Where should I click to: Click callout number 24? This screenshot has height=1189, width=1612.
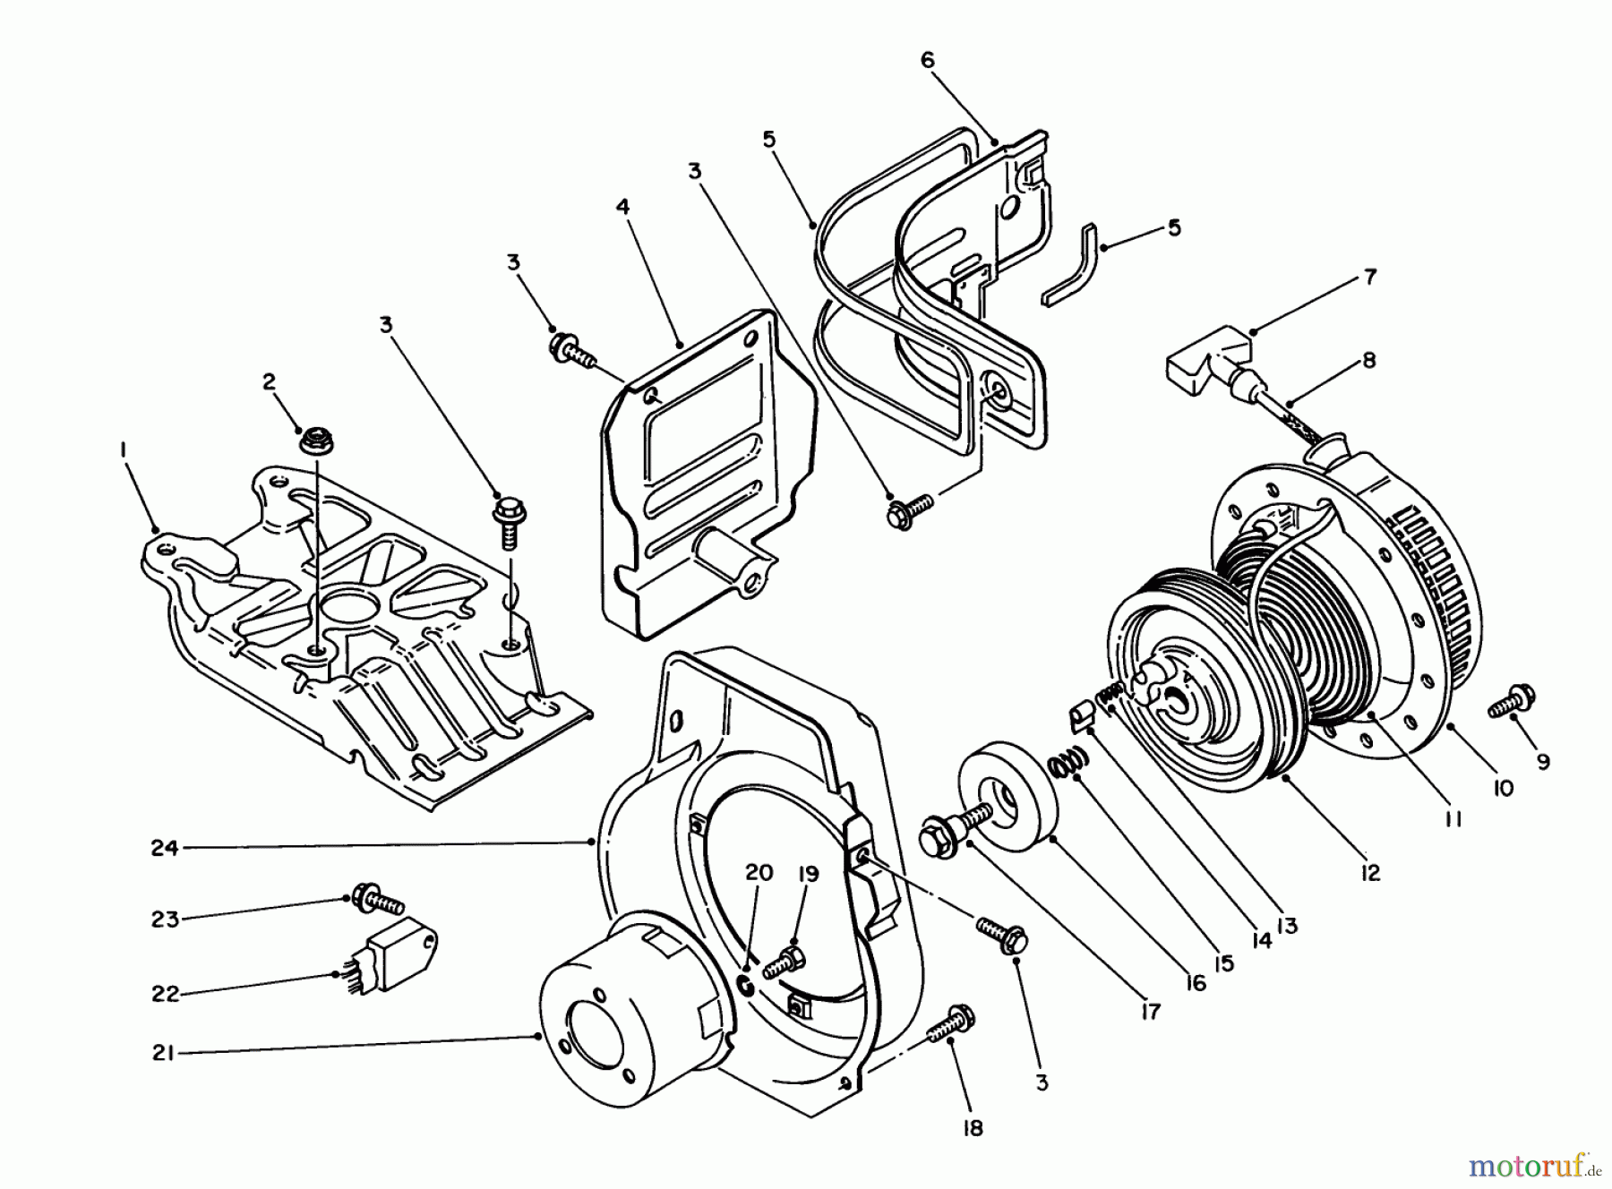click(x=164, y=847)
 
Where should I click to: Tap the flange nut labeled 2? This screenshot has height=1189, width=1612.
click(x=312, y=439)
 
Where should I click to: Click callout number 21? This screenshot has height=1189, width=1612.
click(x=162, y=1054)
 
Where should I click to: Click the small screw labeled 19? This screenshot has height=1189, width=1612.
click(x=785, y=962)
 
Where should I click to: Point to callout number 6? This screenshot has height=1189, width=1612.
click(x=927, y=60)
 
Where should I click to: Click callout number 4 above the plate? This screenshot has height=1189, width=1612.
click(x=622, y=207)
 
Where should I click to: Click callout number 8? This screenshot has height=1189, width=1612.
click(x=1369, y=361)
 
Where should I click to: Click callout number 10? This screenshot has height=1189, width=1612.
click(x=1502, y=788)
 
